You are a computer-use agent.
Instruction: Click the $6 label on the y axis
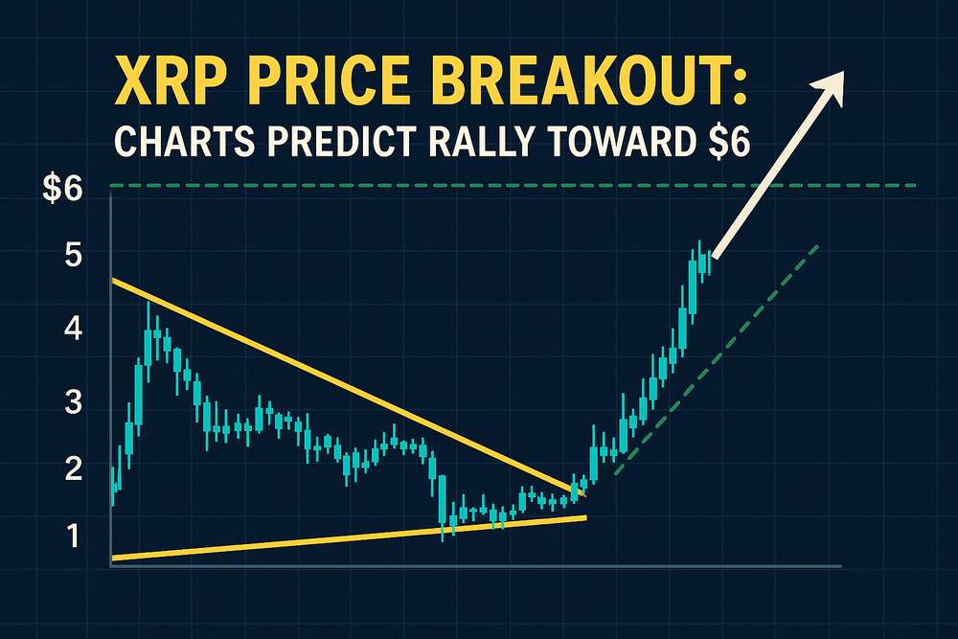[x=61, y=190]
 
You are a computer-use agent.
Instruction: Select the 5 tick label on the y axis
[x=73, y=255]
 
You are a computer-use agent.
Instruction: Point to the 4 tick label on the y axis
[x=73, y=330]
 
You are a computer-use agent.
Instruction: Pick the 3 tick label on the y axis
[x=73, y=402]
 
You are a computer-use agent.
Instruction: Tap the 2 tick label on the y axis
[x=73, y=469]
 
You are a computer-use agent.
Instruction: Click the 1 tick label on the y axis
[x=74, y=536]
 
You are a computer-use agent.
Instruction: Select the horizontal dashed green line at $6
[x=513, y=185]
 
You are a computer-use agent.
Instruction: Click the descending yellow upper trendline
[x=349, y=387]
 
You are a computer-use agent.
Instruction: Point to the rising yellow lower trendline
[x=349, y=537]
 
